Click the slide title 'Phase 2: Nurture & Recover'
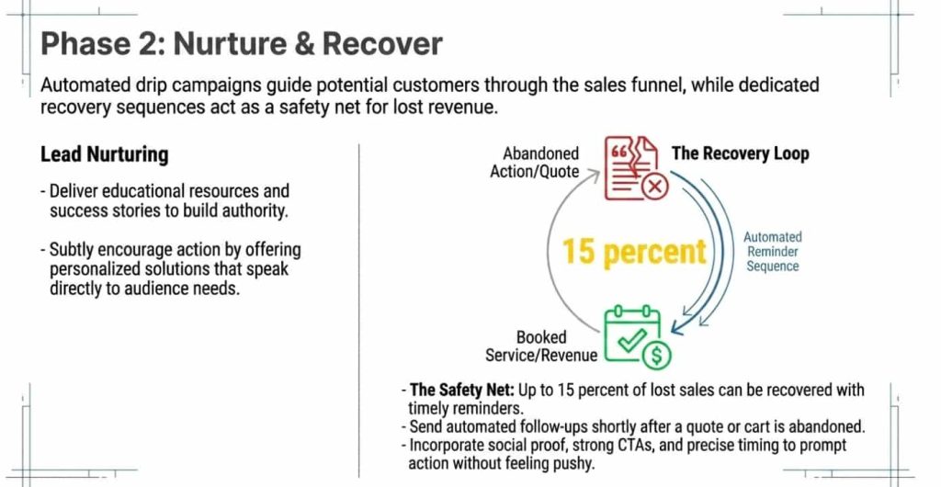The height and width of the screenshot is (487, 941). coord(242,43)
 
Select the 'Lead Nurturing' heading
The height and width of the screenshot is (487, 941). coord(104,154)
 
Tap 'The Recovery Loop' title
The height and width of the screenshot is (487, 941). coord(740,153)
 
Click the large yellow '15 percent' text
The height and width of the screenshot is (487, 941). coord(634,251)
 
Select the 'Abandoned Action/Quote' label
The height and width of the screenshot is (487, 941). coord(540,163)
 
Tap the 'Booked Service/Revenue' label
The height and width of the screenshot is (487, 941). coord(541,346)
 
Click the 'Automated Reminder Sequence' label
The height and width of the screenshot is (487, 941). coord(772,251)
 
